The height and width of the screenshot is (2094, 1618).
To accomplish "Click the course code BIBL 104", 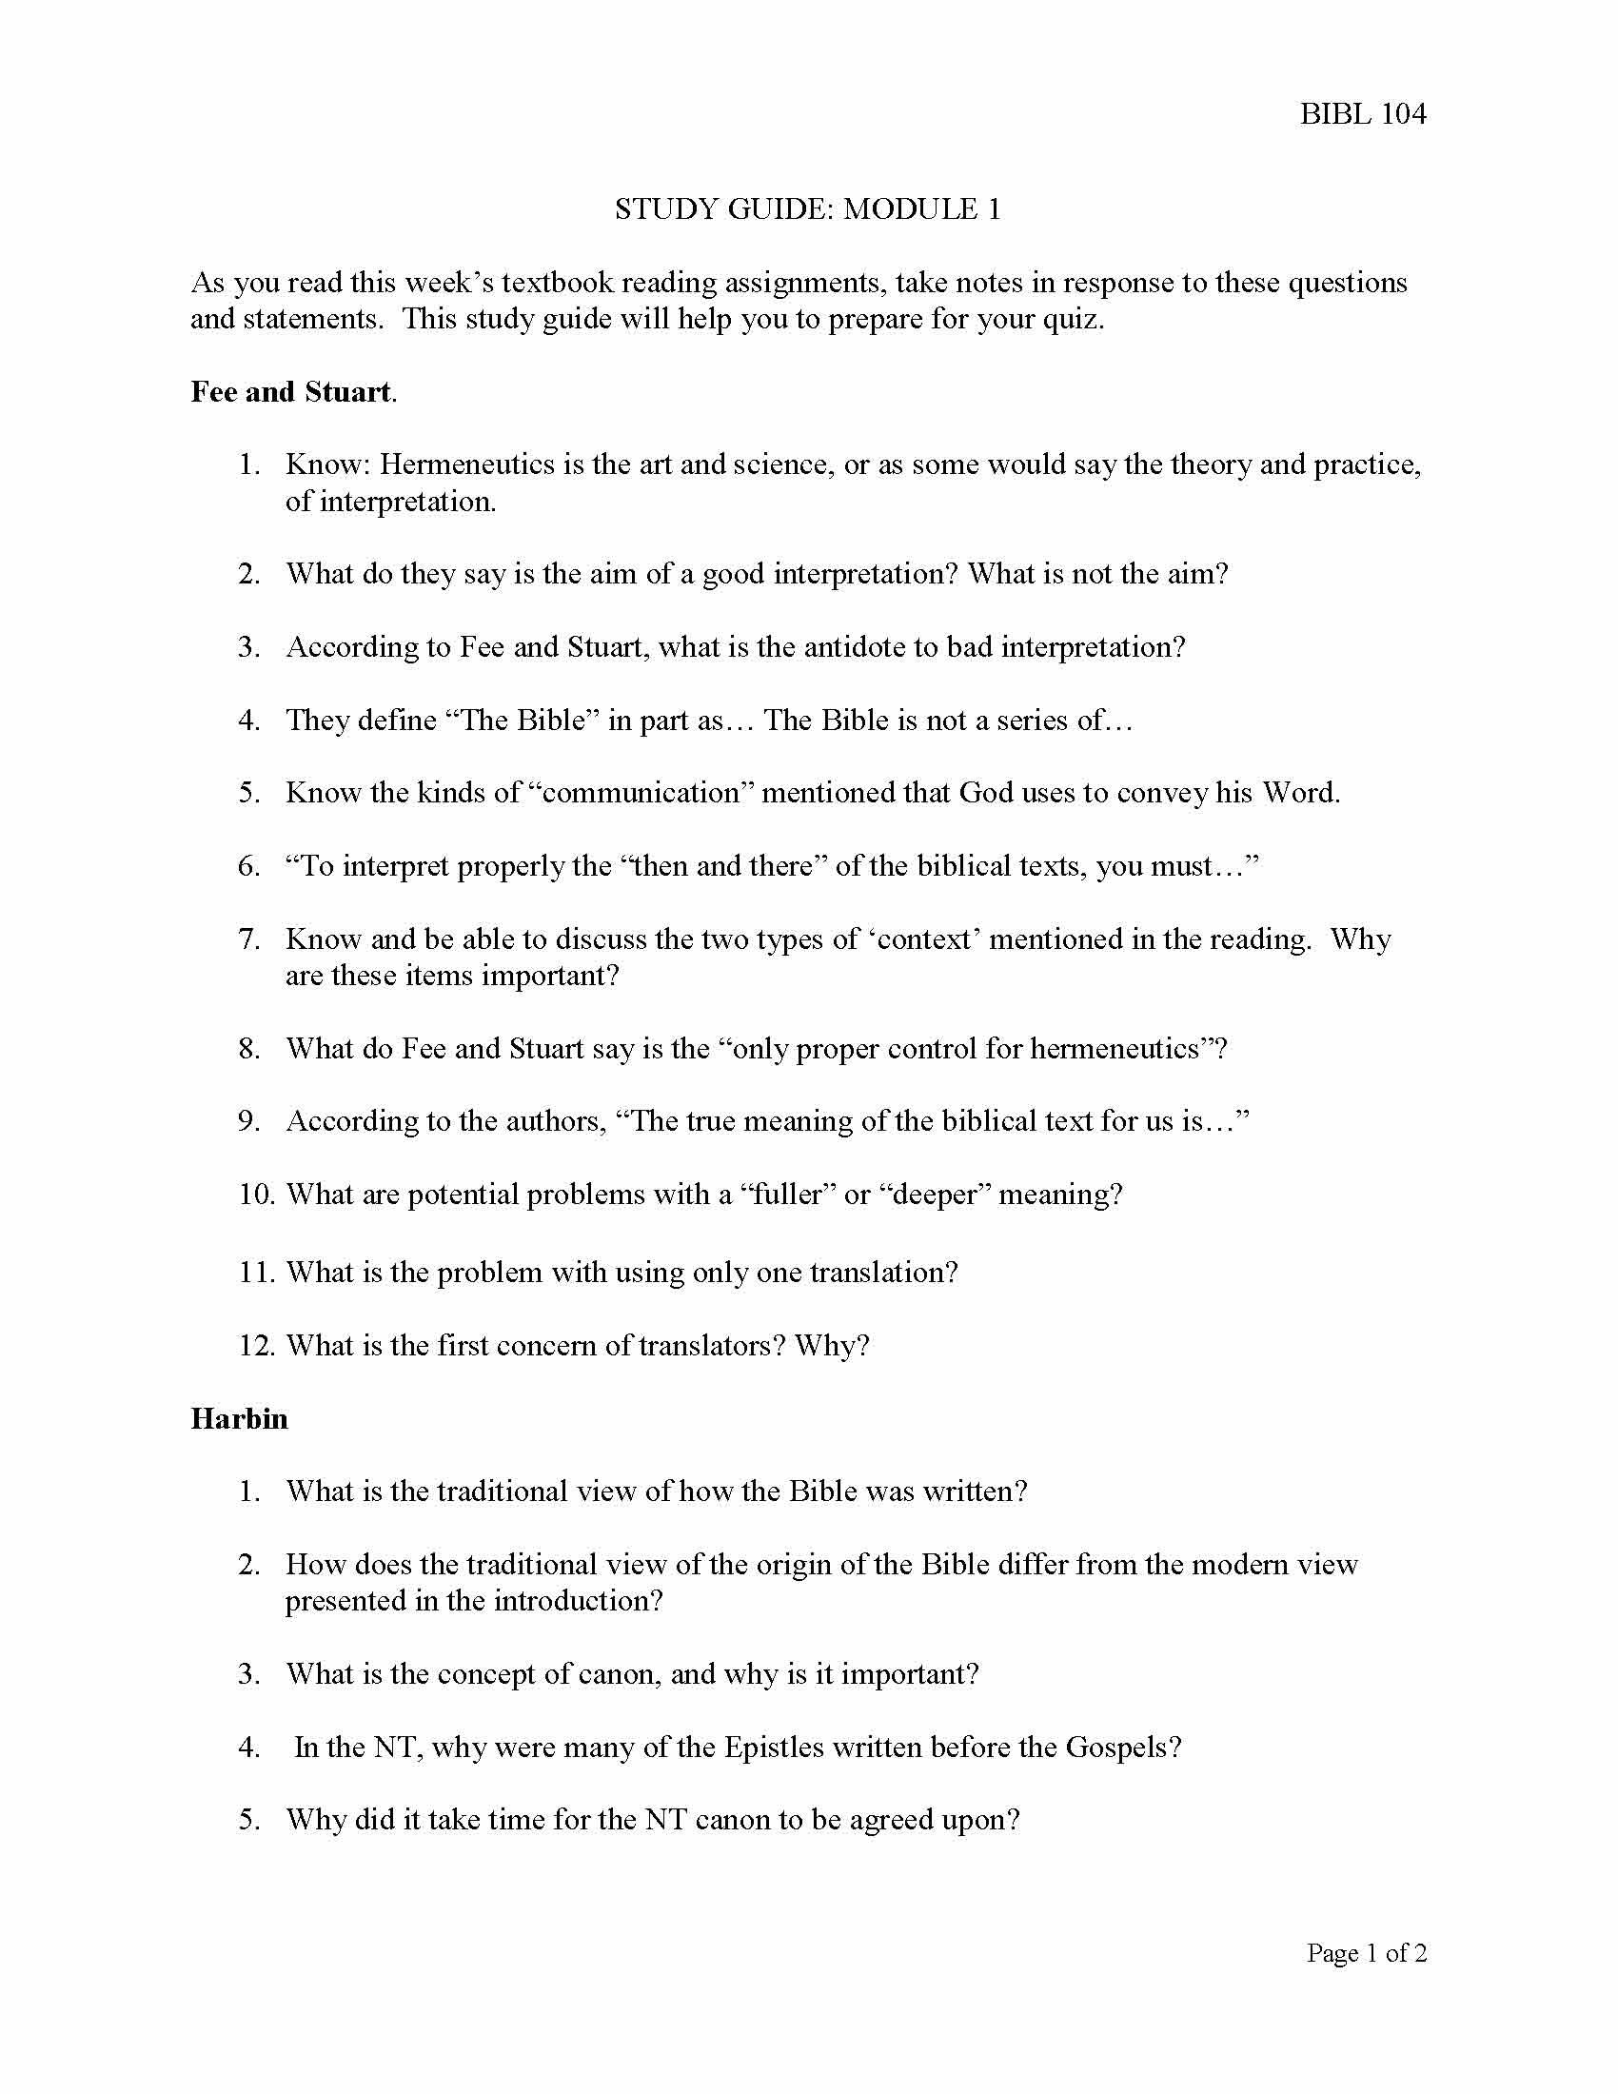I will (x=1362, y=114).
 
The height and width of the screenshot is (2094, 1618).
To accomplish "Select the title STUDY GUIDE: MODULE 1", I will (x=807, y=209).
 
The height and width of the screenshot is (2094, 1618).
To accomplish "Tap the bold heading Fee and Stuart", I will (x=291, y=392).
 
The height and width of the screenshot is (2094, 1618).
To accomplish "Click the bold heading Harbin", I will (x=239, y=1419).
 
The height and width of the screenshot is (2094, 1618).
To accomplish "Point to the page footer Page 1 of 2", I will (x=1366, y=1953).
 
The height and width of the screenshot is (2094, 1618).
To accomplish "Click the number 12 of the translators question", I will (x=256, y=1346).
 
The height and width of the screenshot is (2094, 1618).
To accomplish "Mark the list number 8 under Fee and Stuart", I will (x=250, y=1049).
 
